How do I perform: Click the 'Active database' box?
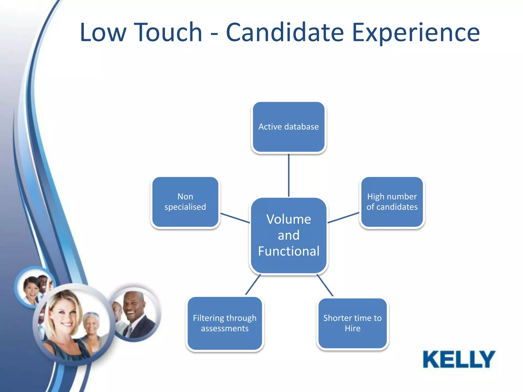(289, 127)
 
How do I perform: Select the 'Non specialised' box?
(185, 202)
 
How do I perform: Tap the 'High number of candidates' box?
(392, 202)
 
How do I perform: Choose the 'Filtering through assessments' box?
(224, 323)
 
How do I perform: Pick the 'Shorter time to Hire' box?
(352, 323)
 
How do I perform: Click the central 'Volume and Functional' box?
(289, 235)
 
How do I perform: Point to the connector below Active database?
(289, 175)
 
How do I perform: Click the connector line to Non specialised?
(235, 218)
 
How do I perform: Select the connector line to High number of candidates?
(343, 218)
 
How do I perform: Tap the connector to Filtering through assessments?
(253, 285)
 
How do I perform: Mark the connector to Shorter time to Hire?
(325, 285)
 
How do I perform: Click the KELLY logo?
(459, 359)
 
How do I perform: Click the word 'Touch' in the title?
(168, 32)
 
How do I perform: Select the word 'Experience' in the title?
(416, 32)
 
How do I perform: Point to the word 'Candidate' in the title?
(285, 32)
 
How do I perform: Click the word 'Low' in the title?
(103, 32)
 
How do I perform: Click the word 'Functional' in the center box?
(289, 251)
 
